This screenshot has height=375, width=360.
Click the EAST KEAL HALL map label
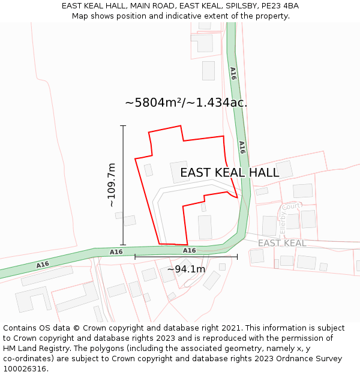coord(229,173)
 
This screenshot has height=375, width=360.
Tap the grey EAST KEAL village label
coord(282,243)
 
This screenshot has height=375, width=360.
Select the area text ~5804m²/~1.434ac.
coord(186,103)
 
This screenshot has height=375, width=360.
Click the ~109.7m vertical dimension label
coord(112,185)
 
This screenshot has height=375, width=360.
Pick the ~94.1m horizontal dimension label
coord(186,269)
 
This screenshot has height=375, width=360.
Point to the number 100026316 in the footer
coord(26,369)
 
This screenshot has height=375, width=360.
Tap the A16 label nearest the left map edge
coord(43,265)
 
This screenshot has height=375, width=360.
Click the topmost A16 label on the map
coord(233,73)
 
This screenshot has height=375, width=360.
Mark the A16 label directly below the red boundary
coord(189,250)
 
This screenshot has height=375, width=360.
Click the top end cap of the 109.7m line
coord(123,126)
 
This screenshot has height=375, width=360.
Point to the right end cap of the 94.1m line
coord(237,257)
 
